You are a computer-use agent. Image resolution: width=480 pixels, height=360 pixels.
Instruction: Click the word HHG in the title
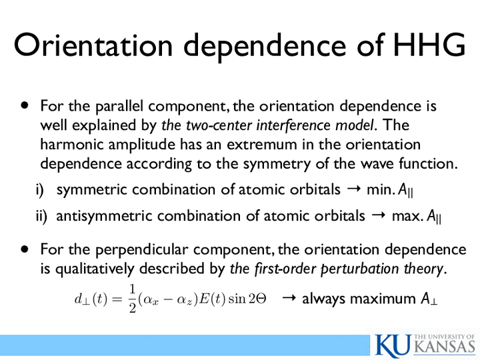[429, 45]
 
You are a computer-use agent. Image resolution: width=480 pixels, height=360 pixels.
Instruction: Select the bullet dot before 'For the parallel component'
[25, 105]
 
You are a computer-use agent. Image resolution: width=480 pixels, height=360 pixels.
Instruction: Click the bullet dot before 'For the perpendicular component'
[25, 249]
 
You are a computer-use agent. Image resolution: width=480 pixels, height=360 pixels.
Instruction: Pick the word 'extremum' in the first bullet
[262, 145]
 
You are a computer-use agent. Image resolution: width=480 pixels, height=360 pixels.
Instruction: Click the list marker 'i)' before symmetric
[40, 189]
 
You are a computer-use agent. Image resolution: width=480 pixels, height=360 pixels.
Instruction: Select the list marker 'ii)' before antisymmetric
[41, 216]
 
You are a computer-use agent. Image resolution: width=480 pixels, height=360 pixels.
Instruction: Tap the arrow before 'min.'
[353, 189]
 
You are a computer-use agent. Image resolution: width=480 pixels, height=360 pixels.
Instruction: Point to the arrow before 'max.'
[379, 215]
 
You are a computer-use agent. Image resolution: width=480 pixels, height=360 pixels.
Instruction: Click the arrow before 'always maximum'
[289, 298]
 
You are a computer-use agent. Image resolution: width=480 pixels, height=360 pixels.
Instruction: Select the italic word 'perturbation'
[360, 269]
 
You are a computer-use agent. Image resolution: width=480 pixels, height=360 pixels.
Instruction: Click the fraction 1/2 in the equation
[132, 299]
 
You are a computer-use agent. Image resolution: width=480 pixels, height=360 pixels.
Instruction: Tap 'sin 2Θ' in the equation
[247, 299]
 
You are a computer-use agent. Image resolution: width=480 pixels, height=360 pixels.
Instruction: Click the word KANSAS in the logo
[445, 347]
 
